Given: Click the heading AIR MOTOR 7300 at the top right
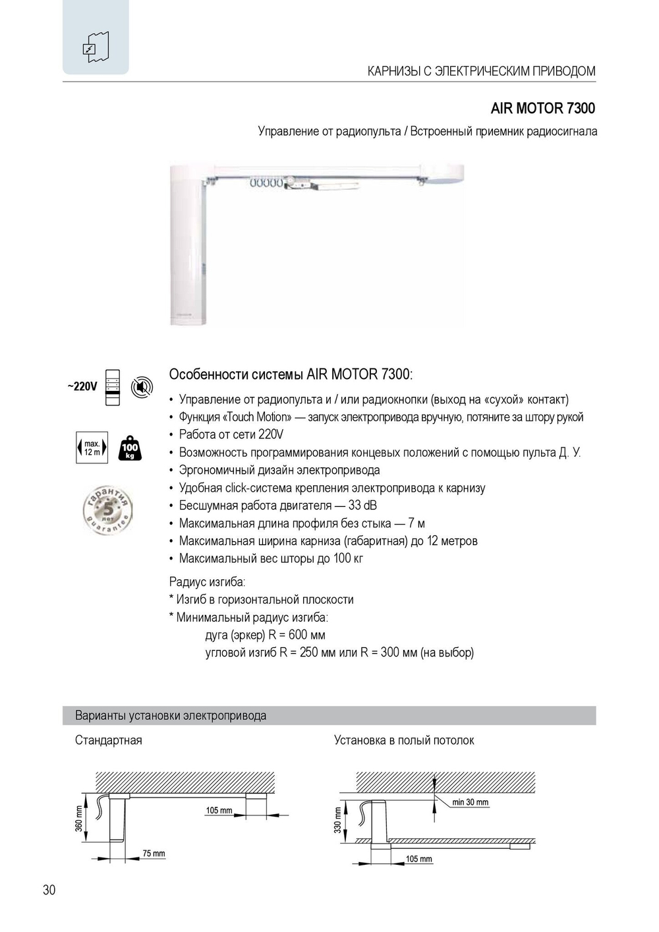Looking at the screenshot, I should [x=542, y=108].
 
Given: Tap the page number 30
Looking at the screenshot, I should [x=49, y=890].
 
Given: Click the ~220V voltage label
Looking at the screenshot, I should [x=82, y=386].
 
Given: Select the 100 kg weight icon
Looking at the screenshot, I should [x=130, y=448].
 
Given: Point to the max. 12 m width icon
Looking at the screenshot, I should [x=92, y=448].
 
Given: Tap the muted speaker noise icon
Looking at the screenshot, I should [x=141, y=387].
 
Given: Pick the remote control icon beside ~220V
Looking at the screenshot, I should [x=113, y=387].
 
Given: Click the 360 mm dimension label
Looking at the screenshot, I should [x=79, y=819].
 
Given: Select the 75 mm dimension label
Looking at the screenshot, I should [x=154, y=854].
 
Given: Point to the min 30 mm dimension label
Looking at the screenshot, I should [x=471, y=802].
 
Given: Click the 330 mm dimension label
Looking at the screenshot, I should [x=338, y=821].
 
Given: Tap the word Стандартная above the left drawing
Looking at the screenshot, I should [x=109, y=740].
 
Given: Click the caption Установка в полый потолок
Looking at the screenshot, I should [x=404, y=740].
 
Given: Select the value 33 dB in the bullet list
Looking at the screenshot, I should [x=362, y=506].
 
